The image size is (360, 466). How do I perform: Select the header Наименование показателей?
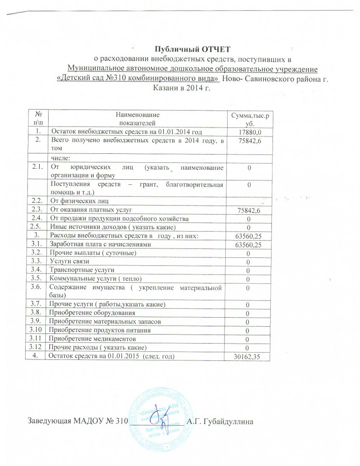[139, 118]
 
